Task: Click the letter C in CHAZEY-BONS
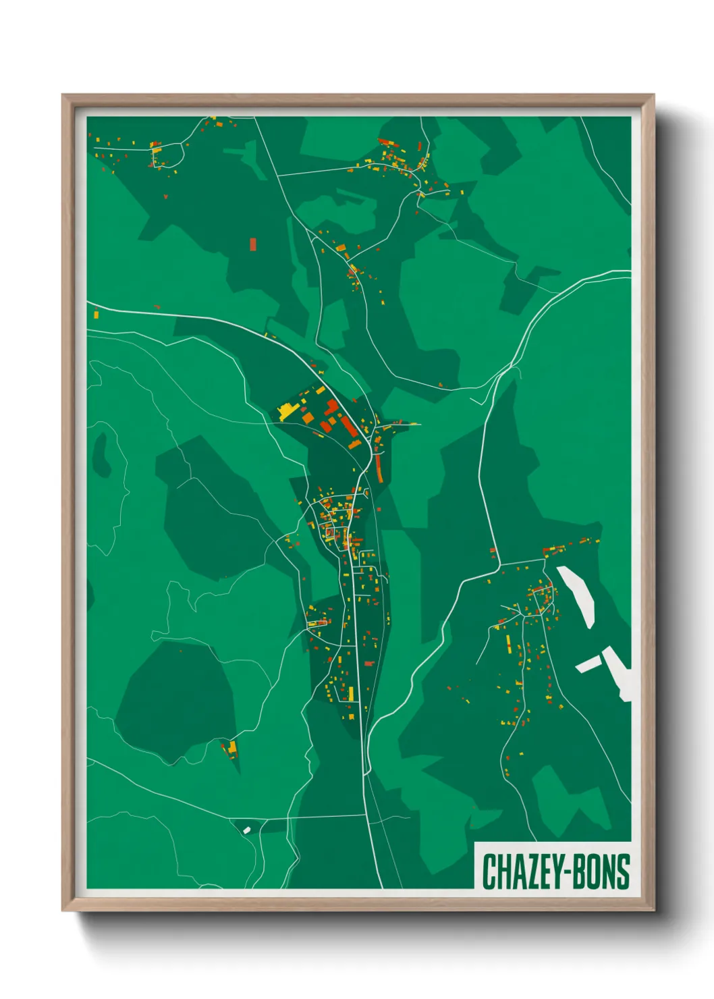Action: click(491, 871)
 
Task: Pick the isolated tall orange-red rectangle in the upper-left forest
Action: click(253, 244)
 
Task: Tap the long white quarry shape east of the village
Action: click(577, 595)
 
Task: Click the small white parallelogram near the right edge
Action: click(588, 664)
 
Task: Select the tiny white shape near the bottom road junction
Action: click(246, 830)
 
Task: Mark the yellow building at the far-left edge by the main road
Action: click(95, 314)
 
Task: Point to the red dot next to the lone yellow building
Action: click(223, 745)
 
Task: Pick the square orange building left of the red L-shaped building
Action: click(308, 418)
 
